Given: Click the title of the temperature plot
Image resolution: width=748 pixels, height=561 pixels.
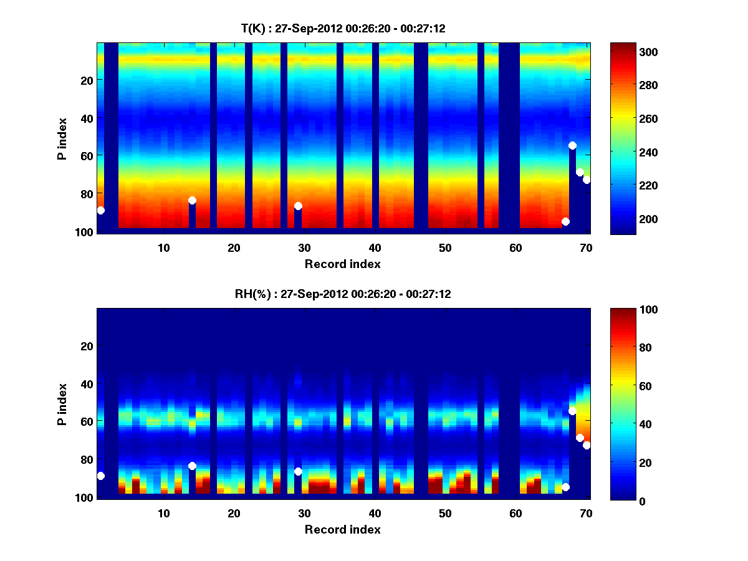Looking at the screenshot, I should click(x=343, y=28).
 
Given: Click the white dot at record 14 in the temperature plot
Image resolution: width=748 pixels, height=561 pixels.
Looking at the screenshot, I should click(x=192, y=200).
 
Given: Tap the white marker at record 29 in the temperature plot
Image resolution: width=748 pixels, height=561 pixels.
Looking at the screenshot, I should click(x=298, y=206).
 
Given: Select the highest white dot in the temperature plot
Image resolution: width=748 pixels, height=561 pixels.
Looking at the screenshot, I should click(x=572, y=145).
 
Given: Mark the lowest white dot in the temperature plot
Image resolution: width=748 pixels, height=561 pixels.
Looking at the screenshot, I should click(x=565, y=221).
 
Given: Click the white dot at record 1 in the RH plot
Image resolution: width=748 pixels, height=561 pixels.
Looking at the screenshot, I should click(x=100, y=476).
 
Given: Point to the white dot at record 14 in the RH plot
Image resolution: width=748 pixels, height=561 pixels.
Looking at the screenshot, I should click(x=192, y=466).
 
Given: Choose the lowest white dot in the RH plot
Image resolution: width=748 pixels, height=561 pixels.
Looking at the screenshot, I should click(x=565, y=487).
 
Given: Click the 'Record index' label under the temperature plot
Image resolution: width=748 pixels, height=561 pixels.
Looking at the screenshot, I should click(x=342, y=264).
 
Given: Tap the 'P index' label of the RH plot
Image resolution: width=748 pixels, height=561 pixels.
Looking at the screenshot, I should click(x=62, y=404).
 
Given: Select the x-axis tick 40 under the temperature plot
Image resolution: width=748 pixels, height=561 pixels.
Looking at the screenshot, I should click(x=375, y=247).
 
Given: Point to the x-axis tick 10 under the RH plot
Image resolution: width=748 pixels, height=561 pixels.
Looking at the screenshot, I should click(x=164, y=513).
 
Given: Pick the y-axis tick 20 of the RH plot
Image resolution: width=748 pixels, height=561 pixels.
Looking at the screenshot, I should click(x=87, y=346).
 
